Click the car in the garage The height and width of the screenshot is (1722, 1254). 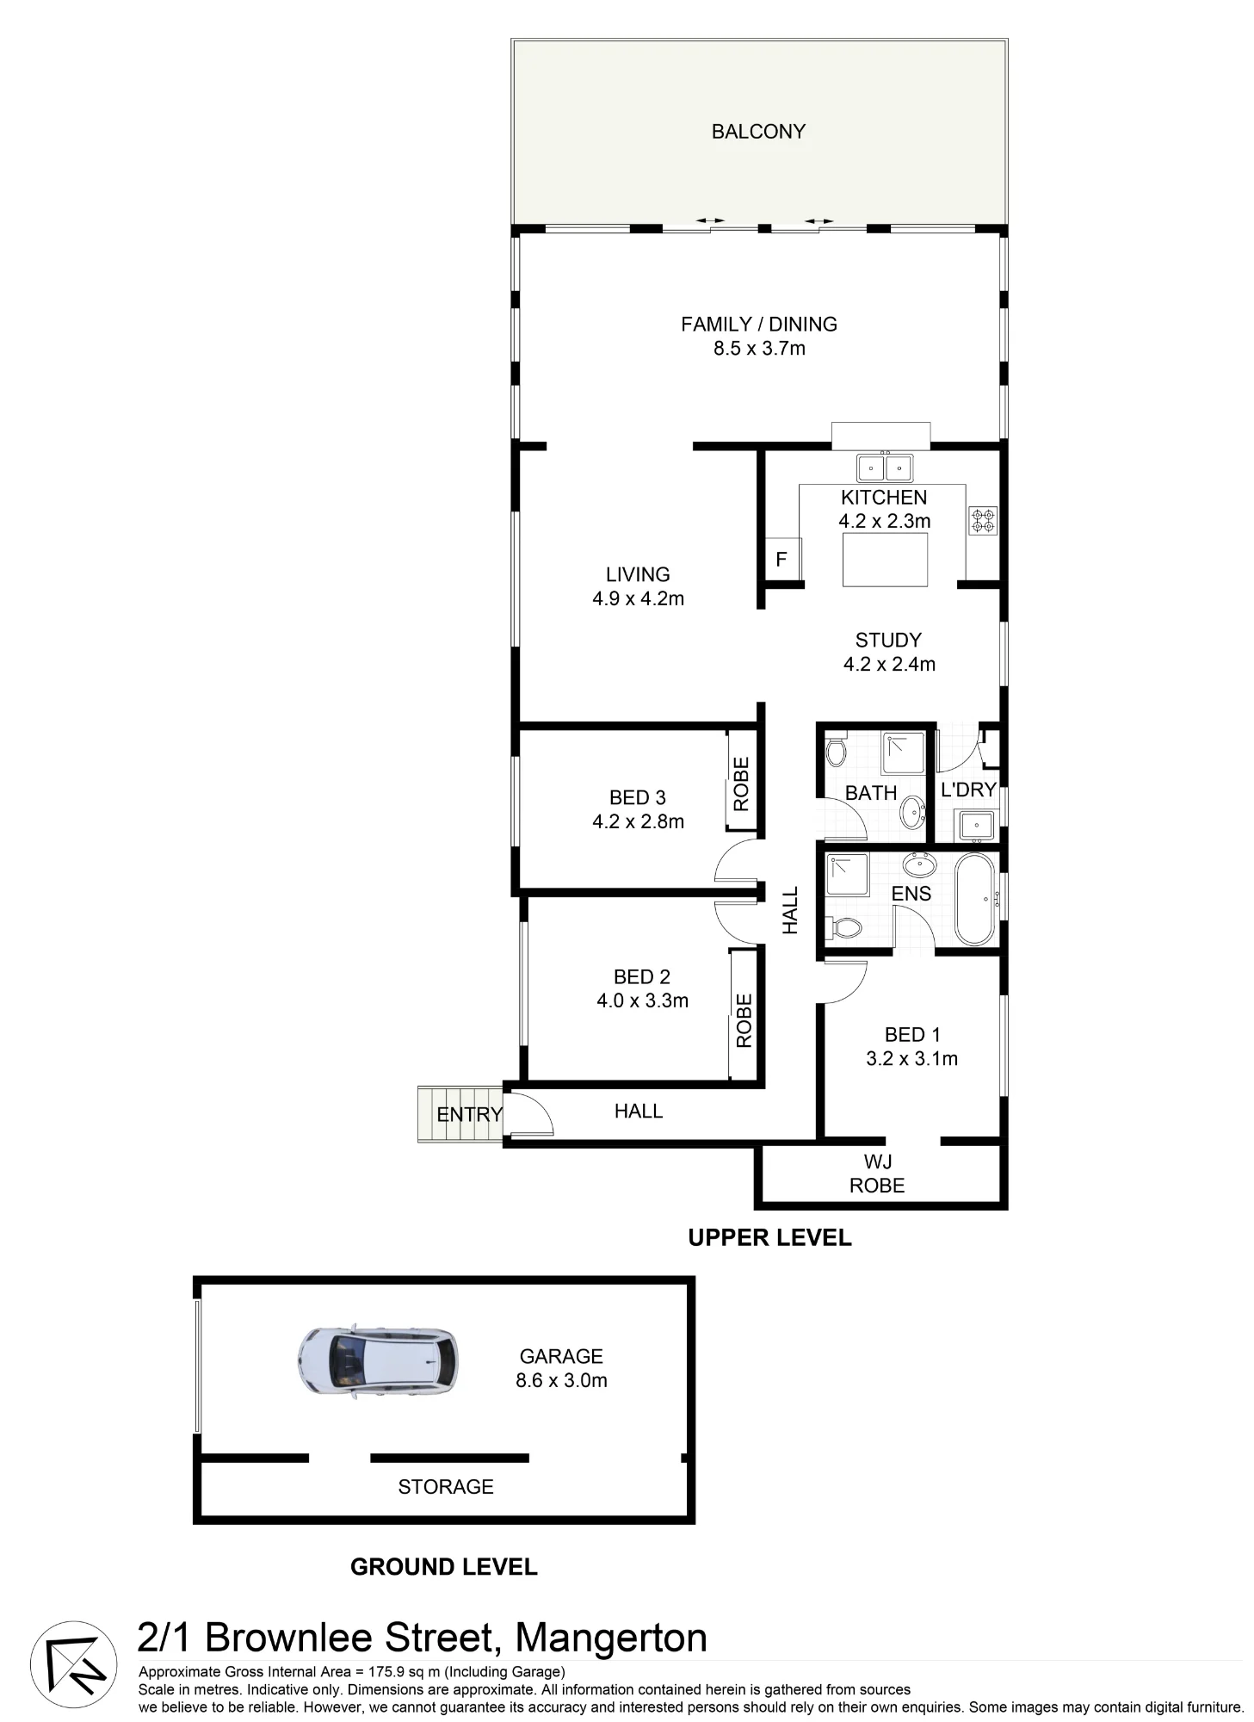click(378, 1361)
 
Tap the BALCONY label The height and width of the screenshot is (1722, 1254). click(758, 132)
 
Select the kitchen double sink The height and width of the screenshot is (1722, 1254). click(885, 468)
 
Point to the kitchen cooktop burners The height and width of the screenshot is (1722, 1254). click(983, 520)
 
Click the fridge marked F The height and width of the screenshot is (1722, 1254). click(782, 559)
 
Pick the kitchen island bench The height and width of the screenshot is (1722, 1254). click(885, 560)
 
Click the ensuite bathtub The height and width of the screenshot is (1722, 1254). click(975, 900)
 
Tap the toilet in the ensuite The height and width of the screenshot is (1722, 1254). click(844, 927)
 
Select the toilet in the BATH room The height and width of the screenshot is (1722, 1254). click(835, 750)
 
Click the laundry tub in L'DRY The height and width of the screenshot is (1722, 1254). click(977, 826)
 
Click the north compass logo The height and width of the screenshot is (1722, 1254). click(74, 1664)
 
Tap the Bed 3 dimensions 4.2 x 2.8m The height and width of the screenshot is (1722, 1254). click(638, 821)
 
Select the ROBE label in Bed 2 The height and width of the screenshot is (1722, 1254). click(744, 1020)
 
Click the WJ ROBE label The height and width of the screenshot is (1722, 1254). click(877, 1174)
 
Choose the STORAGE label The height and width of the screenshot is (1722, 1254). click(446, 1487)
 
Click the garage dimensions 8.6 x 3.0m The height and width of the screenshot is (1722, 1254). click(561, 1380)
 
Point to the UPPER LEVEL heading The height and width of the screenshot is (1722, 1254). click(769, 1237)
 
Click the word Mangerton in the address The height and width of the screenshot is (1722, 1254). click(611, 1637)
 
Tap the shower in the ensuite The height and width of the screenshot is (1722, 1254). click(848, 875)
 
